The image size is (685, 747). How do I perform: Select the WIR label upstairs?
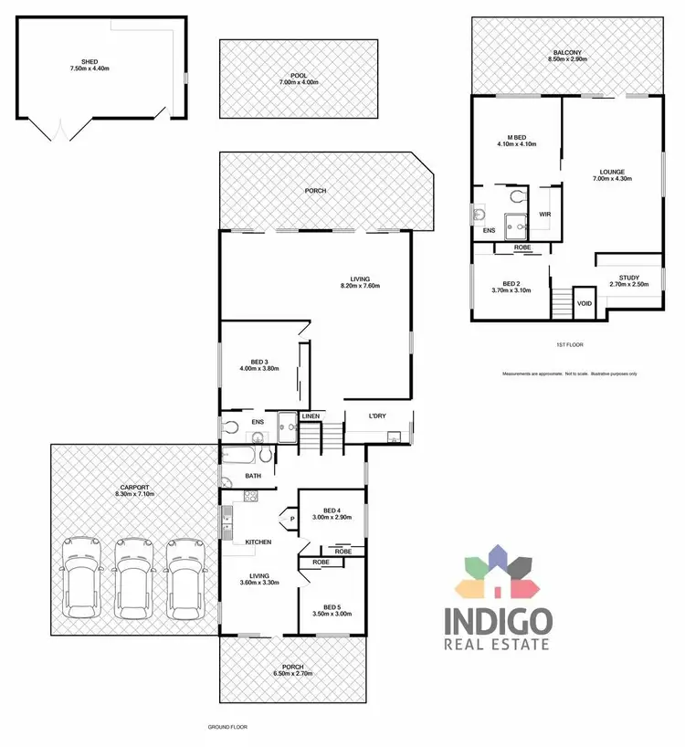545,215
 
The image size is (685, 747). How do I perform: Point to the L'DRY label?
379,416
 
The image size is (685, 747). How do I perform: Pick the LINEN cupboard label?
311,416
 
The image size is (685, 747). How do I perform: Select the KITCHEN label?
258,542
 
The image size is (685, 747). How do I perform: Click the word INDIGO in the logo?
498,622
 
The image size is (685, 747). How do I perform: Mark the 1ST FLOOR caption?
568,345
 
